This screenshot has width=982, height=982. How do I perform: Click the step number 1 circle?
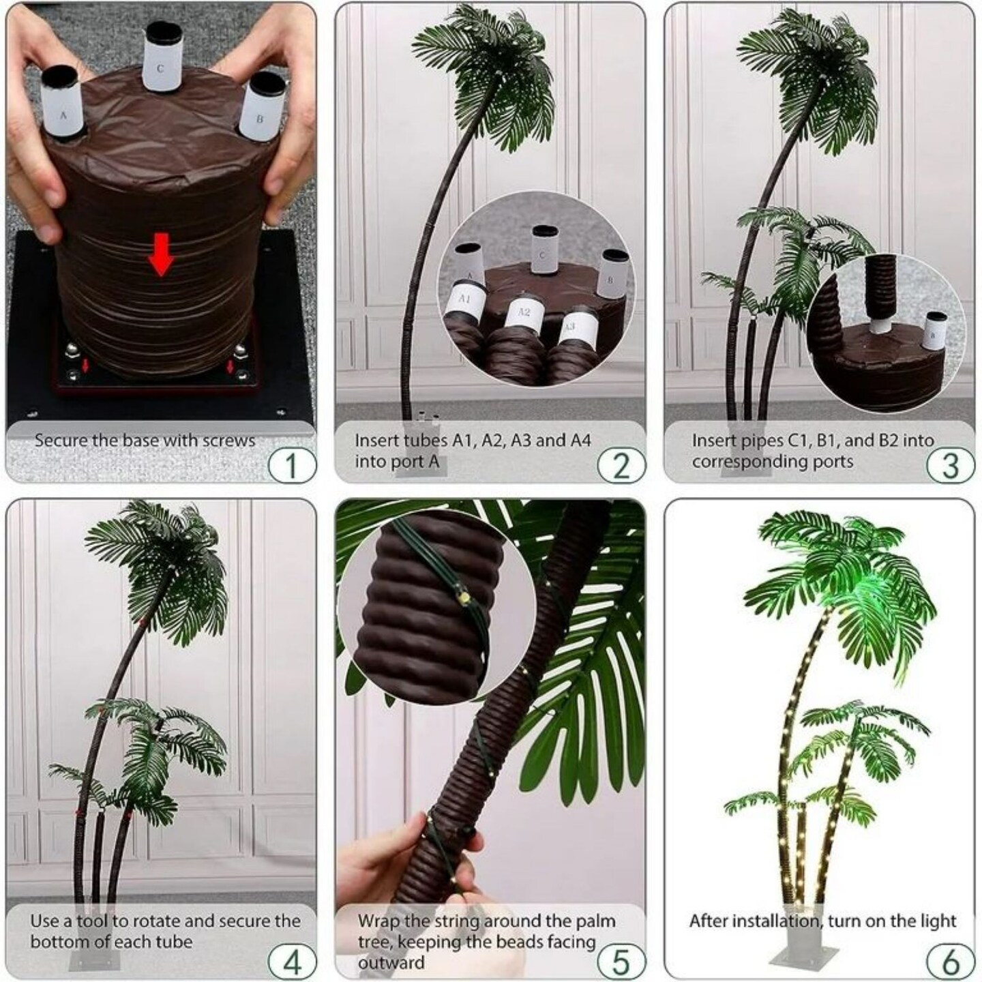coord(291,466)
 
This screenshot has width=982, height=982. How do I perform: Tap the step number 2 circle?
coord(621,466)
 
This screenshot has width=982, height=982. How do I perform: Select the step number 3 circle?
coord(949,466)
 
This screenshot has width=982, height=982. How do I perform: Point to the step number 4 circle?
coord(291,962)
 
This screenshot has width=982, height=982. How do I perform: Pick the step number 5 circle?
coord(621,962)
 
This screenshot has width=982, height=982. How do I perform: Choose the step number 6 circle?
coord(949,962)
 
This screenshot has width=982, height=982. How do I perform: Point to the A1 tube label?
coord(465,299)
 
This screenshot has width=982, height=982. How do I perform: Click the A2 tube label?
coord(523,313)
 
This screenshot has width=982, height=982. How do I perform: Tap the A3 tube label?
coord(571,327)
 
